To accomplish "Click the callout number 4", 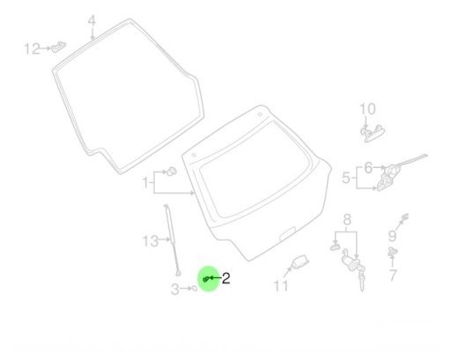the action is (x=92, y=21).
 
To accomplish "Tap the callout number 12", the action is (x=32, y=48).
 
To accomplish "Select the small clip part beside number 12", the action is (x=59, y=47).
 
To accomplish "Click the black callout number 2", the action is (x=225, y=278).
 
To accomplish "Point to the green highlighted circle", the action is (x=209, y=278).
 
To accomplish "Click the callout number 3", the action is (x=175, y=290).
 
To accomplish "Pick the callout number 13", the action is (x=151, y=241).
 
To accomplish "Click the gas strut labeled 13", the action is (x=172, y=240).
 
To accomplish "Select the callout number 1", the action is (x=145, y=182).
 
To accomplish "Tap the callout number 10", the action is (x=367, y=109).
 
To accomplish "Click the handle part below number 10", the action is (x=373, y=134).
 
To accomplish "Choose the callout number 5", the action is (x=346, y=178).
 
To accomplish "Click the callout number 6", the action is (x=368, y=168).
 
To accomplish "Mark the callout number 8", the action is (x=347, y=219).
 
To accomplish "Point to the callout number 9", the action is (x=392, y=236).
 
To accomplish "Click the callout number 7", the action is (x=393, y=276).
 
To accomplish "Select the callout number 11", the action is (x=281, y=286).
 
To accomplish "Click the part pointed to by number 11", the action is (x=299, y=261).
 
